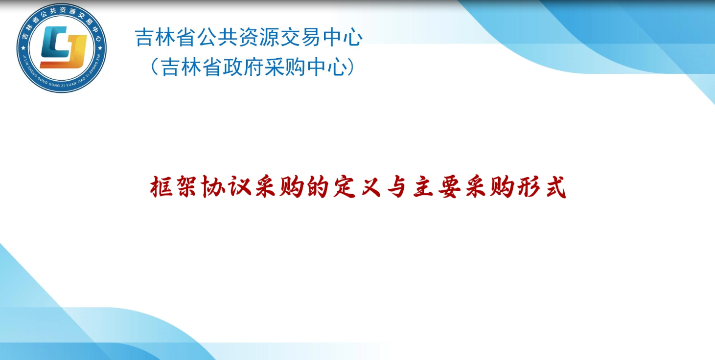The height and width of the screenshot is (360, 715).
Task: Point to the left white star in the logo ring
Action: click(x=23, y=48)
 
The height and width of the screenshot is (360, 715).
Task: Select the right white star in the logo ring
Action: click(x=100, y=48)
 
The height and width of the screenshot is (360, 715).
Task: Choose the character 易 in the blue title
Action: click(x=311, y=37)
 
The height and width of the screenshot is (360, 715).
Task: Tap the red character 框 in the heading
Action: click(x=161, y=187)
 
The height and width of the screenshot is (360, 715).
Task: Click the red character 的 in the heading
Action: click(x=318, y=187)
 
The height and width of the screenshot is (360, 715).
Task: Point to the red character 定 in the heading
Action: click(x=344, y=187)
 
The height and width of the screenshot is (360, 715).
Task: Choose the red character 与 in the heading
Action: click(x=397, y=187)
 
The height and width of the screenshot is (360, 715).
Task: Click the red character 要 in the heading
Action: click(x=449, y=187)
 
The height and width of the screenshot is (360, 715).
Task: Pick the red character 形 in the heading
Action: click(x=529, y=187)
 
